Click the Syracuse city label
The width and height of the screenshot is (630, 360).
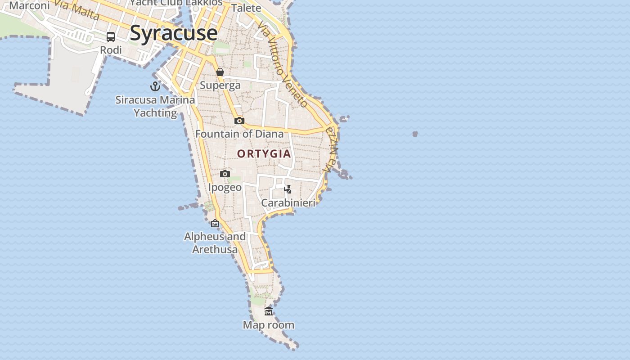173,33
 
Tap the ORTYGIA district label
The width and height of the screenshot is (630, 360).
264,153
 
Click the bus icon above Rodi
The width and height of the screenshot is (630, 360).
111,36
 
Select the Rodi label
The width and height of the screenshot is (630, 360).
111,50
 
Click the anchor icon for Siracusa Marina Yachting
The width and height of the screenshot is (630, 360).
155,86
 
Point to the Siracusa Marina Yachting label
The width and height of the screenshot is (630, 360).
155,106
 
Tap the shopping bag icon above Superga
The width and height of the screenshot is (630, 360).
220,72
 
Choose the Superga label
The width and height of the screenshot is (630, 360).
220,85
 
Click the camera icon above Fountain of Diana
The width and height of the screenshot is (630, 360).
239,121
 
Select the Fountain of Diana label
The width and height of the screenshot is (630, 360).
239,134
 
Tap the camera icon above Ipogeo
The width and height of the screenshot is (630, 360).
225,174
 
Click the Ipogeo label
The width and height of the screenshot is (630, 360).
225,187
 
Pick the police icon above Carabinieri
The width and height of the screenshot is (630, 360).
288,189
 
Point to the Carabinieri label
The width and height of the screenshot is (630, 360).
288,203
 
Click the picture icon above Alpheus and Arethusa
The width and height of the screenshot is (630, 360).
215,223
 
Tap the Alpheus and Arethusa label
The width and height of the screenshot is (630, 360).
215,243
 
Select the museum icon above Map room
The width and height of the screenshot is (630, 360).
269,311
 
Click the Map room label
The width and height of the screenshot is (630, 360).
269,325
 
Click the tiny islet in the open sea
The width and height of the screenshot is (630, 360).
415,134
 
